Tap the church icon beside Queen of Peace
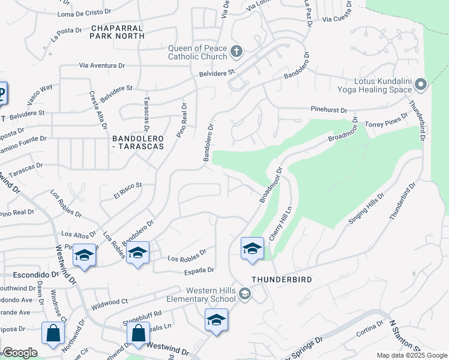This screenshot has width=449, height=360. pyautogui.click(x=236, y=51)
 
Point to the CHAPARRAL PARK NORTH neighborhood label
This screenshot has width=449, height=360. pyautogui.click(x=117, y=32)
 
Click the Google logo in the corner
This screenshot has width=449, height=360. pyautogui.click(x=20, y=353)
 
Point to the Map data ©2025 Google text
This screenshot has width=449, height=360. pyautogui.click(x=411, y=355)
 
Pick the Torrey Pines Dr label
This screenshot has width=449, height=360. pyautogui.click(x=387, y=120)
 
